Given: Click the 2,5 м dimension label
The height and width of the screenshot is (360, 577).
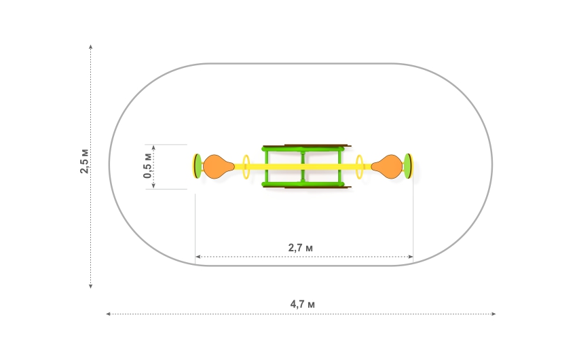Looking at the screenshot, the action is click(x=84, y=161).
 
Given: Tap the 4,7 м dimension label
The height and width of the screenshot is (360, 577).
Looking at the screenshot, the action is click(x=303, y=304).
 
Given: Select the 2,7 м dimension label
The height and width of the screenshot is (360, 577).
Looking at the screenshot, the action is click(x=301, y=248).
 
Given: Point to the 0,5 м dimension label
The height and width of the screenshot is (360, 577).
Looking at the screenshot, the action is click(x=147, y=166).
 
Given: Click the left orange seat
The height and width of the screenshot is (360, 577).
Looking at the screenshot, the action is click(x=218, y=166).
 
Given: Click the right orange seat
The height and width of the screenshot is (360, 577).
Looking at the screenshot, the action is click(x=387, y=166).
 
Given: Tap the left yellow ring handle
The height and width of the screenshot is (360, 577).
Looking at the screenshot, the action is click(x=246, y=167).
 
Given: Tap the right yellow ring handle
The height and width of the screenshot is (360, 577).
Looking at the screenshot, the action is click(x=360, y=167).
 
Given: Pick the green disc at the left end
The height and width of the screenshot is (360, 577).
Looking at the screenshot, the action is click(x=198, y=166).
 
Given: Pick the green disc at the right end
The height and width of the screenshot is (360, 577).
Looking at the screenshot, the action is click(x=408, y=166).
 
